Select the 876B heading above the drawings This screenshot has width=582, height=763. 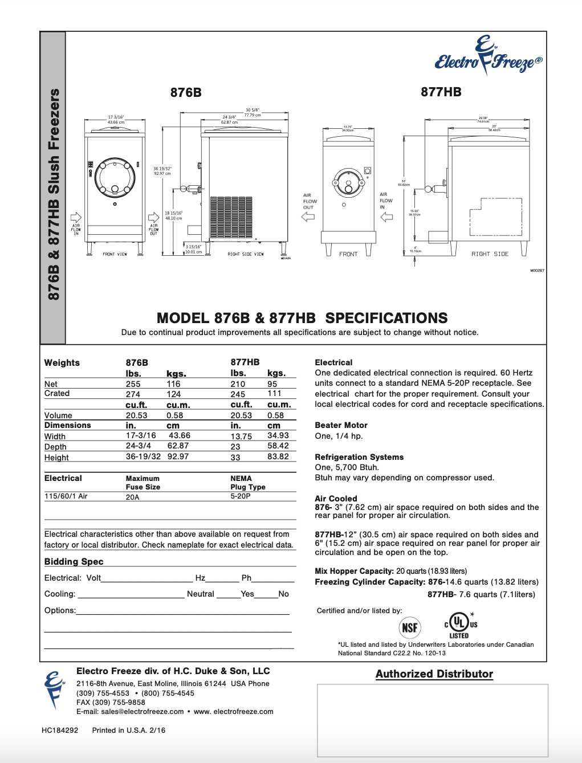pos(186,92)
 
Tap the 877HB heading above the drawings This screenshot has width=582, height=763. pos(441,92)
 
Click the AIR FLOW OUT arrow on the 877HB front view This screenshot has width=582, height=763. pos(308,217)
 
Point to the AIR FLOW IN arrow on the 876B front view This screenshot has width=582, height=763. pos(76,217)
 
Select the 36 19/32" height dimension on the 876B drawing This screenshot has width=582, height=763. pos(162,170)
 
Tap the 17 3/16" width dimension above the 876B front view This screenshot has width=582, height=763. pos(116,119)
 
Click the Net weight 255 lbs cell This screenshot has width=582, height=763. pos(133,384)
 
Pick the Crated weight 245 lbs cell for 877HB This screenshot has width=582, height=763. pos(238,394)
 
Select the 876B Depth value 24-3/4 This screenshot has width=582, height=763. pos(139,446)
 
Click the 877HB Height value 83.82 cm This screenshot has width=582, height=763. pos(278,456)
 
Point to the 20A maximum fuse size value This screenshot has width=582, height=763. pos(132,497)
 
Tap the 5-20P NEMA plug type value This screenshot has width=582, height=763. pos(240,496)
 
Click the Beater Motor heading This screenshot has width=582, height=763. pos(341,425)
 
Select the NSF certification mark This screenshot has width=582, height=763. pos(409,628)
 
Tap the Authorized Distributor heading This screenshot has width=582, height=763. pos(434,674)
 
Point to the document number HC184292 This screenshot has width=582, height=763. pos(60,730)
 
